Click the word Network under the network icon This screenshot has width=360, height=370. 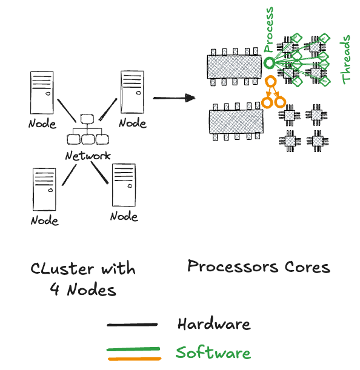88,156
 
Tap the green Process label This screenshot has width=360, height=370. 268,30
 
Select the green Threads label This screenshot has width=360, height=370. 345,59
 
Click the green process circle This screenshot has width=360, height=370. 269,63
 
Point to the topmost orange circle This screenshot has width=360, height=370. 270,81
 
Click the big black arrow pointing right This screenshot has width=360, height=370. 174,97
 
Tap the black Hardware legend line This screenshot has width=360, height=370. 132,325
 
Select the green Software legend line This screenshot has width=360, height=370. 133,349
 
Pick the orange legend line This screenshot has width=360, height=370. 135,359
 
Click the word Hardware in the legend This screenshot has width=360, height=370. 214,324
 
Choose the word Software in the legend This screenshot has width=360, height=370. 213,352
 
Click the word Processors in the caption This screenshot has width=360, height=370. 233,266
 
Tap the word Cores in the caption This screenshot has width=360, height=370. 307,267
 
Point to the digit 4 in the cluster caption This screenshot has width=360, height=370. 55,289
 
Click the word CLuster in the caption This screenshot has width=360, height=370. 62,268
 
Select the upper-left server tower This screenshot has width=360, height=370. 42,93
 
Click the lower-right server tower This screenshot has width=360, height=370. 124,185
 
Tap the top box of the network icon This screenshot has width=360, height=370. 87,119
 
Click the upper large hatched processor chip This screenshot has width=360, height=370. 235,67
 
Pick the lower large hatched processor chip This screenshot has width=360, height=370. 236,122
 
